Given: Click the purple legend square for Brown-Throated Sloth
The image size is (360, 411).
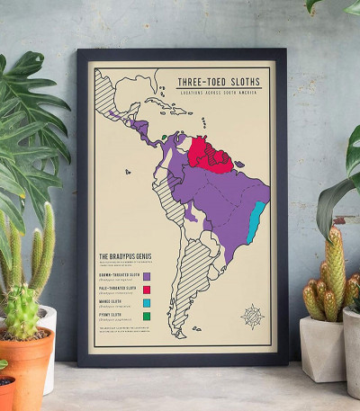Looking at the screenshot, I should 147,276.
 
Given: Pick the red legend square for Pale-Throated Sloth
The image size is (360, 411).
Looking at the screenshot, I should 147,290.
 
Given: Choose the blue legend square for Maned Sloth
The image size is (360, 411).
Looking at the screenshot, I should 147,303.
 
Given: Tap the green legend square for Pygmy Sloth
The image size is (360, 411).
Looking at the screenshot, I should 147,317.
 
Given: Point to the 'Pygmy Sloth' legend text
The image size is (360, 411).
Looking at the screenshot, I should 110,314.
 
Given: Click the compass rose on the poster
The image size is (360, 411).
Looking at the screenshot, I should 251,316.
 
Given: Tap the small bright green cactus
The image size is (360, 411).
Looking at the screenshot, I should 22,310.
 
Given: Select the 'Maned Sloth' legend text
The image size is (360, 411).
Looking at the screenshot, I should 110,300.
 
